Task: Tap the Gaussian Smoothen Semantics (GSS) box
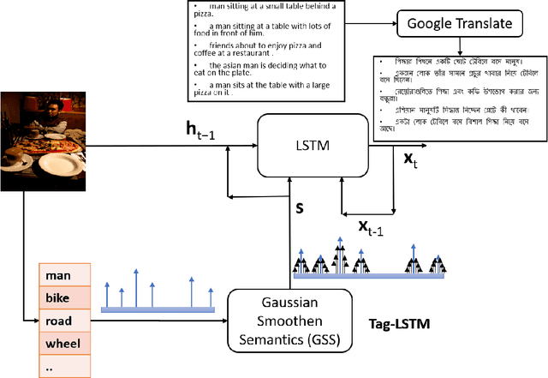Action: [x=290, y=321]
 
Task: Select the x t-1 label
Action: [x=370, y=225]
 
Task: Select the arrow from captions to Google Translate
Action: [x=372, y=23]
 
